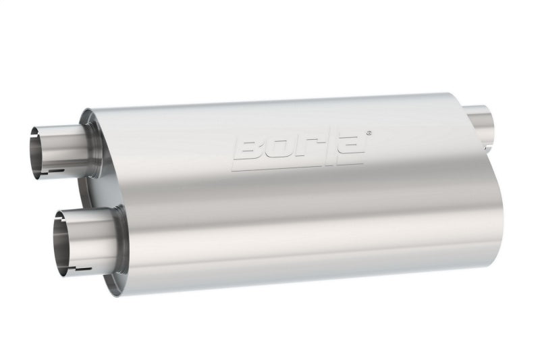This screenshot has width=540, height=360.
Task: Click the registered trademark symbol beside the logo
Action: click(368, 134)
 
